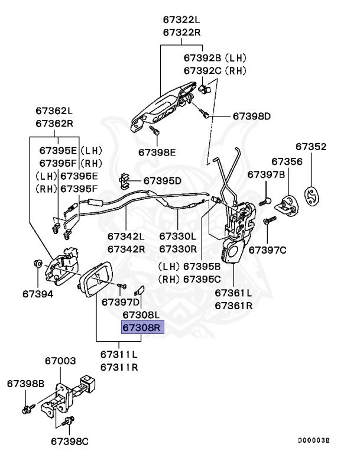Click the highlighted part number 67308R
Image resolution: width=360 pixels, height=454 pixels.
point(142,327)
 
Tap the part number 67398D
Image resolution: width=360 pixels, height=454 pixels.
point(251,116)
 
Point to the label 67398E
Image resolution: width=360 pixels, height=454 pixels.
point(158,152)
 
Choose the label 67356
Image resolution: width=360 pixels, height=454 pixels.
point(287,161)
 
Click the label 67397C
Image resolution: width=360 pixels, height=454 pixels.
point(267,250)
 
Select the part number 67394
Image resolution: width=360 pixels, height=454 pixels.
point(38,293)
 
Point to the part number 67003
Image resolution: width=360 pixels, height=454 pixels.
point(60,360)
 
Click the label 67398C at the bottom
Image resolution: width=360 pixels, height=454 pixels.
point(70,440)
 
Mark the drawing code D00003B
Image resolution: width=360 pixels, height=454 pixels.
point(314,440)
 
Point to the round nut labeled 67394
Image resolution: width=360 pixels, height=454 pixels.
point(37,263)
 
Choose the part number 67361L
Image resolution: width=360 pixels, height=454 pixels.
point(233,293)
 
